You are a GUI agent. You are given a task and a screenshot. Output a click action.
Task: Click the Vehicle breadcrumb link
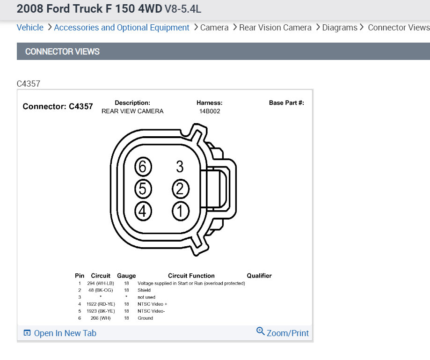click(x=30, y=28)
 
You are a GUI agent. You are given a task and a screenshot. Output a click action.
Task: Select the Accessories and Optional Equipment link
click(x=122, y=28)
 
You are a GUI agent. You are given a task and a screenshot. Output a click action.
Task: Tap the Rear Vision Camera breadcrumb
click(x=275, y=28)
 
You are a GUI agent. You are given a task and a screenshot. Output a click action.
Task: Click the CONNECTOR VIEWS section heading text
click(x=62, y=51)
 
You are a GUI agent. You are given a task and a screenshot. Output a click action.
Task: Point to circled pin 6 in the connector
click(x=143, y=167)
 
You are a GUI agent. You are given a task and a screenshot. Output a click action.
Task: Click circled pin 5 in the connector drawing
click(x=143, y=189)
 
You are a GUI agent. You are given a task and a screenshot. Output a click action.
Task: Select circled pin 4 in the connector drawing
click(x=143, y=211)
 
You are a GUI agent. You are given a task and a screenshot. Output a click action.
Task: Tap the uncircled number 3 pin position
click(x=180, y=167)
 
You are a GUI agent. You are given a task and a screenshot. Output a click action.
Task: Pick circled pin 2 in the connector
click(x=180, y=189)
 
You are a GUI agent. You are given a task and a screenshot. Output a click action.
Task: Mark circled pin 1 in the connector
click(x=180, y=211)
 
